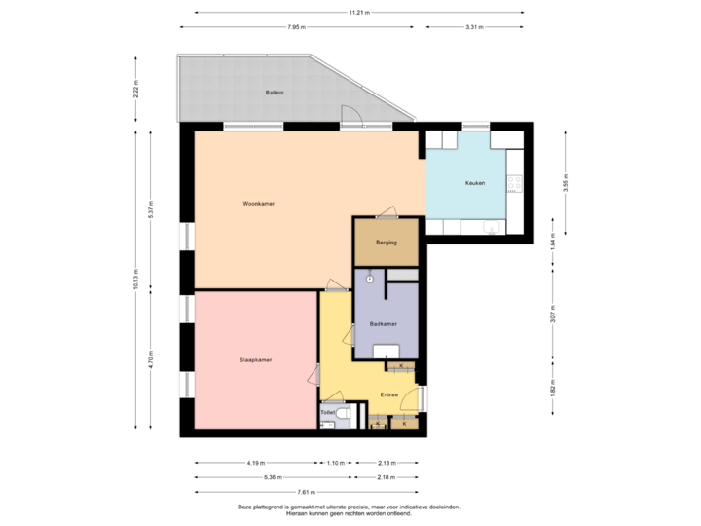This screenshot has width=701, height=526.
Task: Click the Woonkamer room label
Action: pos(259,204)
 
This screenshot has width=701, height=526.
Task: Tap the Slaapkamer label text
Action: pos(255,360)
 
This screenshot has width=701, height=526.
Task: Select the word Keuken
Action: pos(475,183)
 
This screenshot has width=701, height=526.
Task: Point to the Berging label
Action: pos(386,243)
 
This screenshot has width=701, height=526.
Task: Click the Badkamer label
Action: pos(383,323)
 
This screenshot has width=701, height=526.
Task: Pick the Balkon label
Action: pos(274,93)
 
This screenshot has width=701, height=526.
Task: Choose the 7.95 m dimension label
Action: pos(297,26)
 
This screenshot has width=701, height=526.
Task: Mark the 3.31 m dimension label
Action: pos(474,26)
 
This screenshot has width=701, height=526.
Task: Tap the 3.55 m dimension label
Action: pos(566,182)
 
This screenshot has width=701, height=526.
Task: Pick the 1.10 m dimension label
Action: pos(335,462)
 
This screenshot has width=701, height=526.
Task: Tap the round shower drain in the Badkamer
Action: pos(369,279)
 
